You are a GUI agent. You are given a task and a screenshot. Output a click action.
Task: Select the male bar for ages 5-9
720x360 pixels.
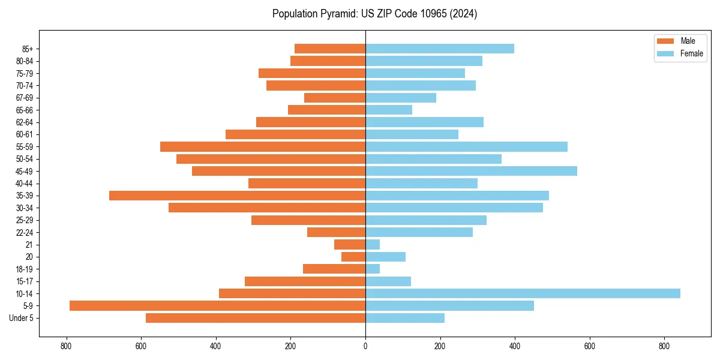coord(217,305)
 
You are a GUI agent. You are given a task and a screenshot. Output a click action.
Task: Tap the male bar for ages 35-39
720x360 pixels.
coord(237,196)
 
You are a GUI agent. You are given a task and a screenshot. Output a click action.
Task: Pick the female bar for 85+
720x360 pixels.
coord(440,49)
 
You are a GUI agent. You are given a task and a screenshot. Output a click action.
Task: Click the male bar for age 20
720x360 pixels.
coord(353,257)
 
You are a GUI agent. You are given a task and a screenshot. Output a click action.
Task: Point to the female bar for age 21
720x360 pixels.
coord(373,244)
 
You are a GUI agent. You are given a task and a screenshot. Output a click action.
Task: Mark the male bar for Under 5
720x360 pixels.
coord(256,318)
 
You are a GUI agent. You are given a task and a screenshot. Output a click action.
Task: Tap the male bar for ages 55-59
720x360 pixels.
coord(263,146)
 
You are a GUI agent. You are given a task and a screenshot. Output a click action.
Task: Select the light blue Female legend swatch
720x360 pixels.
coord(666,53)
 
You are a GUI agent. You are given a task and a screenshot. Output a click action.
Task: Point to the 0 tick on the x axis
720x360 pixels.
coord(365,346)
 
